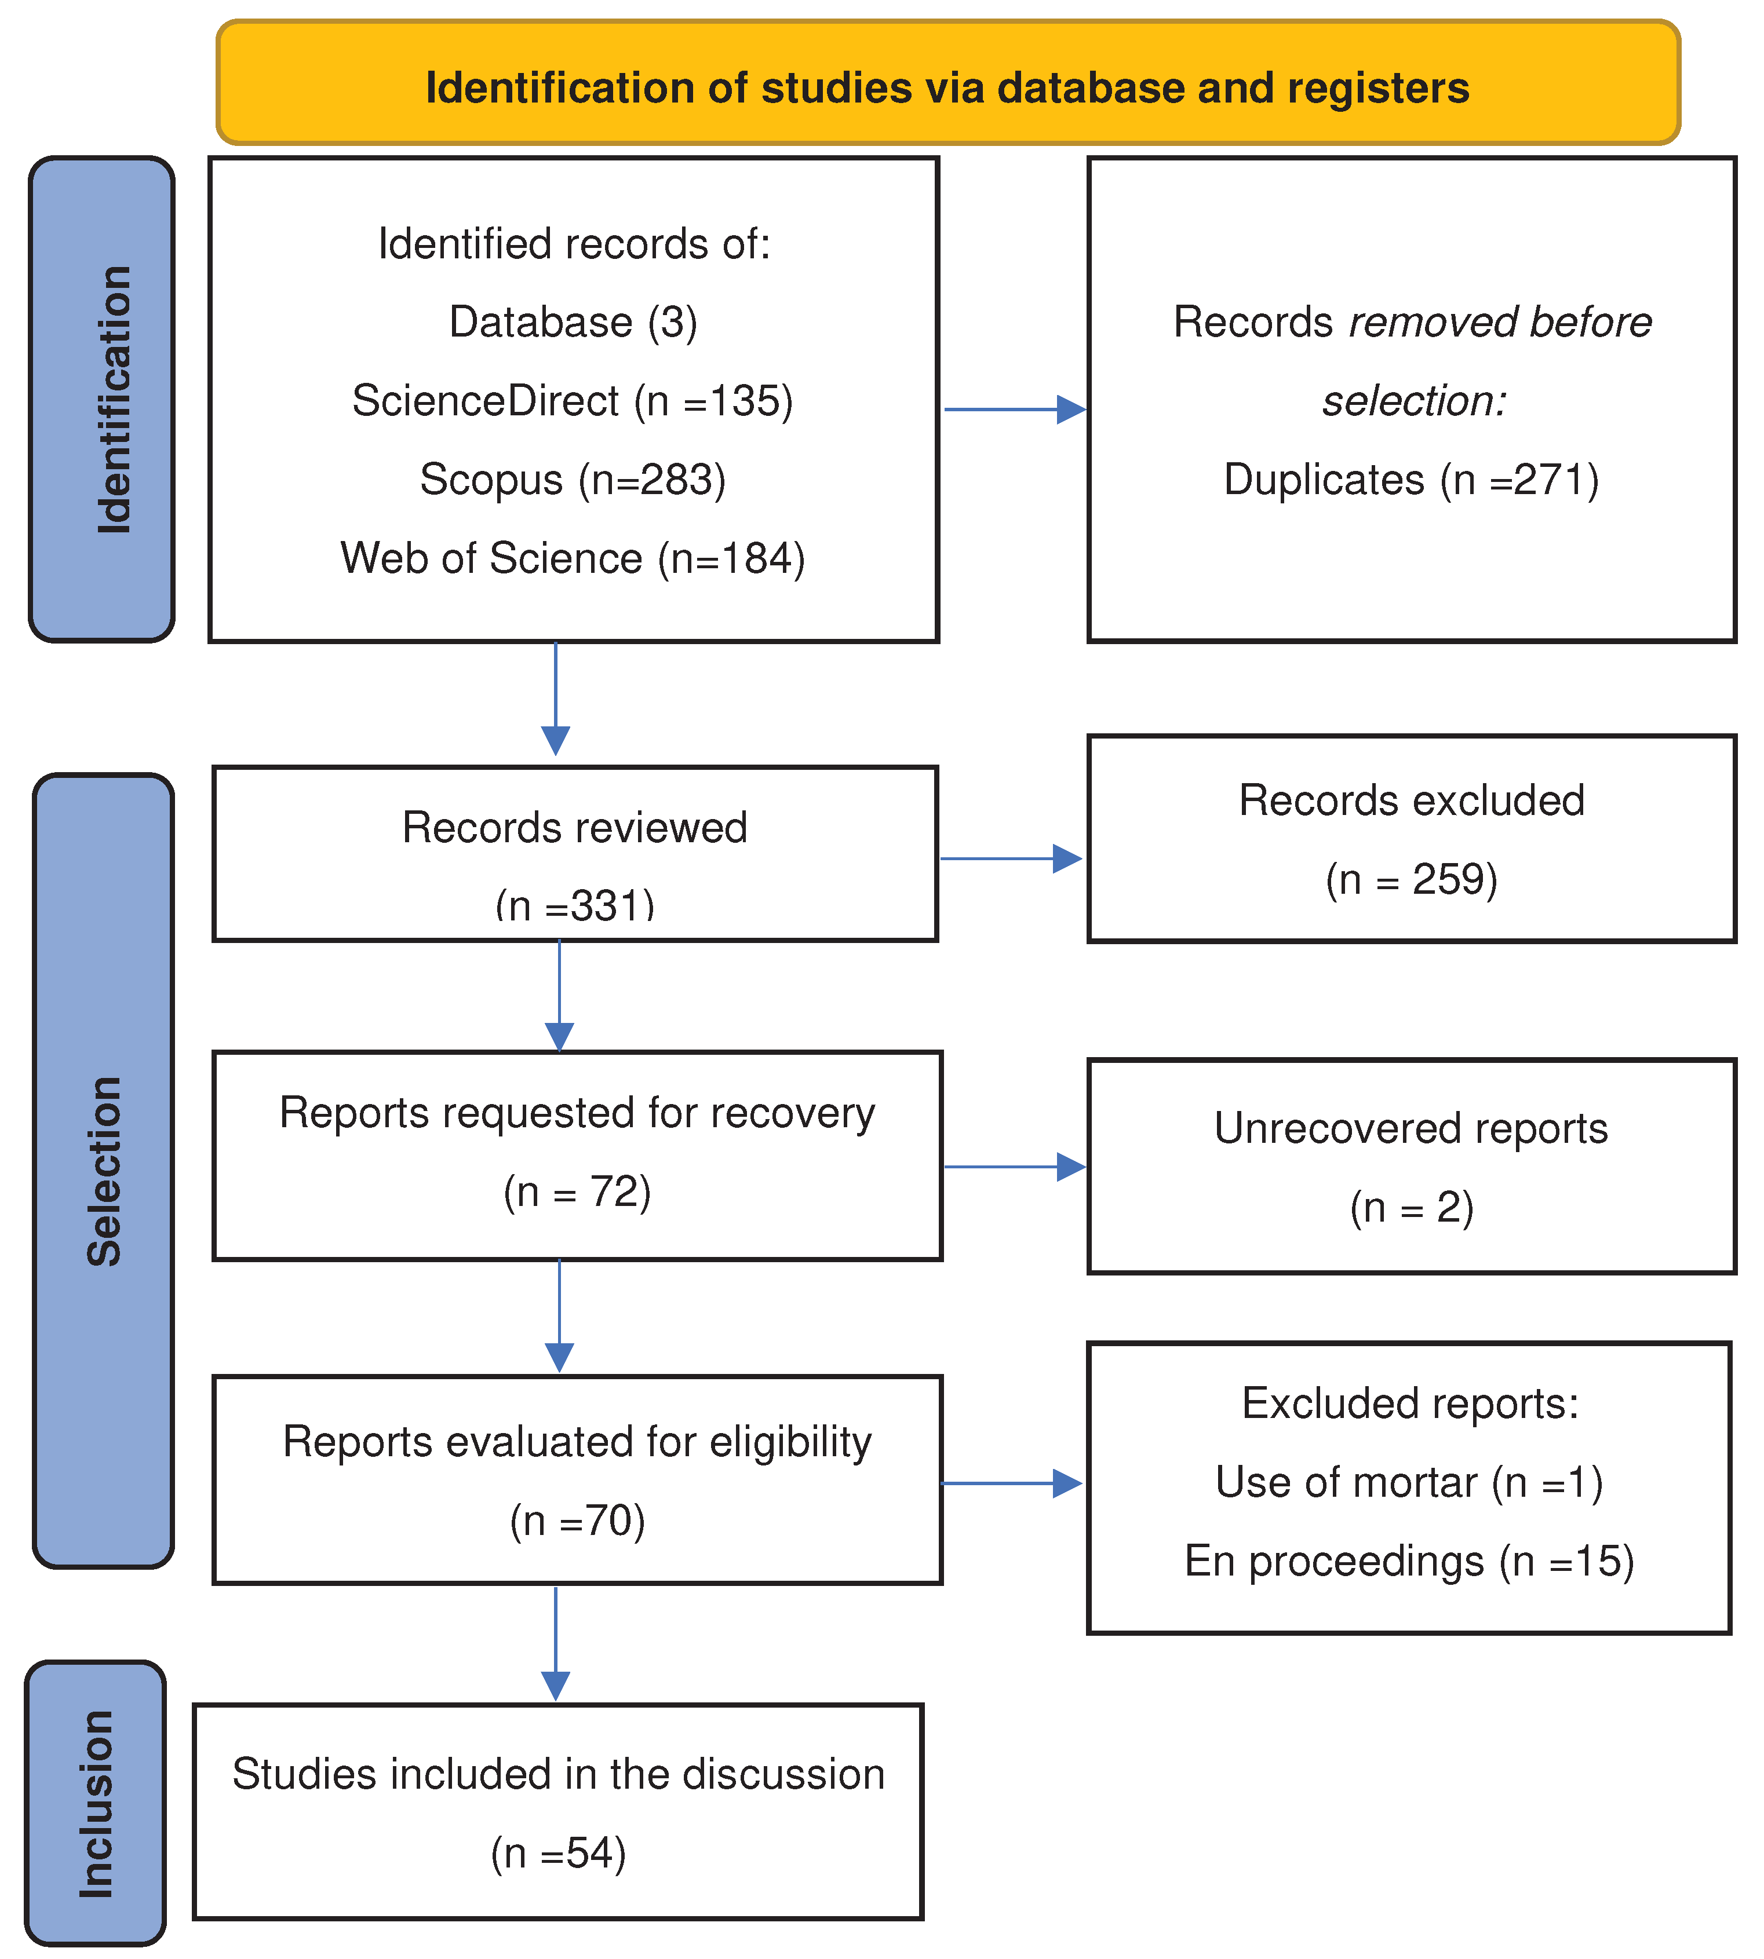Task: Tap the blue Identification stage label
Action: (x=102, y=399)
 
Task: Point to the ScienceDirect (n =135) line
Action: (x=573, y=400)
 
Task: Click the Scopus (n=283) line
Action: (x=573, y=480)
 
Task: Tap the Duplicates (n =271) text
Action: (x=1411, y=480)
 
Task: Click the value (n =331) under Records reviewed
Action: (x=575, y=906)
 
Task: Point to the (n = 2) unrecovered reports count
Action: (x=1411, y=1207)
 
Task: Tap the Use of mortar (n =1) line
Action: (x=1409, y=1482)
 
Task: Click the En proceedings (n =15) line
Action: (x=1409, y=1561)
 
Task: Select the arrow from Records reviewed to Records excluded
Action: (x=1010, y=858)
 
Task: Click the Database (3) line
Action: (x=573, y=321)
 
